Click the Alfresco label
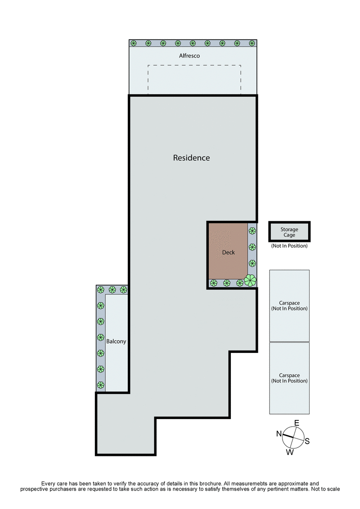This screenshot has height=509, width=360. [189, 56]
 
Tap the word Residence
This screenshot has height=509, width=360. [191, 158]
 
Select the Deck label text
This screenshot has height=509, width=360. [228, 252]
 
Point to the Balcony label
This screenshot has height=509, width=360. [116, 341]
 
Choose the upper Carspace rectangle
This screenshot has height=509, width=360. [289, 305]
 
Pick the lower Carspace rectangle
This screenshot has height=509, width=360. [289, 378]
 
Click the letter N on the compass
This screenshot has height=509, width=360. [279, 433]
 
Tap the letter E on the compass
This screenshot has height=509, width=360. [297, 423]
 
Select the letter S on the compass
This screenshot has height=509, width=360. [307, 441]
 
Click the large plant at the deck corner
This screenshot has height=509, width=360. [250, 280]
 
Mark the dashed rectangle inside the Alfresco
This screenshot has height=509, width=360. [194, 79]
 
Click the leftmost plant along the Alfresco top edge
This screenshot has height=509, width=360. [134, 43]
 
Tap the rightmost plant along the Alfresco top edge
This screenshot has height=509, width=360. [252, 43]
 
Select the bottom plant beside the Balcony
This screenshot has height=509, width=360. [101, 385]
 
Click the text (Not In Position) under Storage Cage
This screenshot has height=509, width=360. [289, 246]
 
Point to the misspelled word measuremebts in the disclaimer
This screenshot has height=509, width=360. [249, 482]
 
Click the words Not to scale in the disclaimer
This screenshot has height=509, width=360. [324, 489]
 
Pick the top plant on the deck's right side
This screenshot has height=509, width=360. [252, 231]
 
